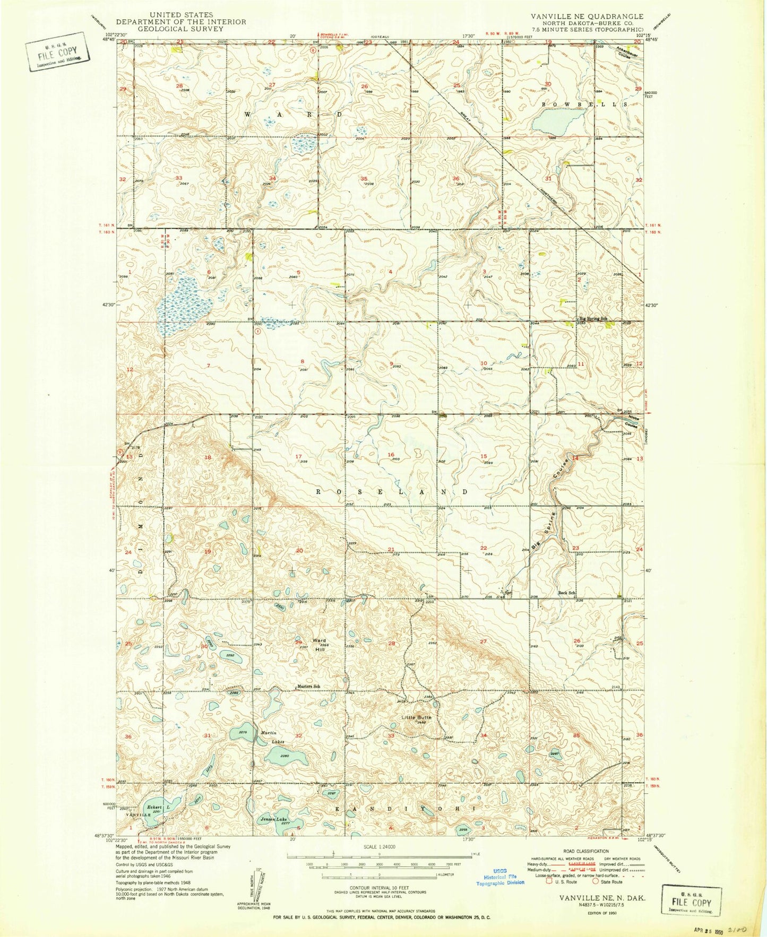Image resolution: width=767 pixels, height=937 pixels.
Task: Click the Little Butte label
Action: coord(417,717)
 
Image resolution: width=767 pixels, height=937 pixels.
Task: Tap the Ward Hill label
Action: coord(319,644)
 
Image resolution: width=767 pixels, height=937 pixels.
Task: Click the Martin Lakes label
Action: coord(272,737)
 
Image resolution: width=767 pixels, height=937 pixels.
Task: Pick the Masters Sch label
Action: coord(308,687)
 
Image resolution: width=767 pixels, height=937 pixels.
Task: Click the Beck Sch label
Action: coord(567,592)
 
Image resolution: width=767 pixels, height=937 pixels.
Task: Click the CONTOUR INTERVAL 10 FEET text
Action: coord(379,887)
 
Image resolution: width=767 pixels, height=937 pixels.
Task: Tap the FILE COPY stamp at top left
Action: coord(56,51)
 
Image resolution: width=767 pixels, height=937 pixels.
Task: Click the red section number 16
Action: coord(391,455)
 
